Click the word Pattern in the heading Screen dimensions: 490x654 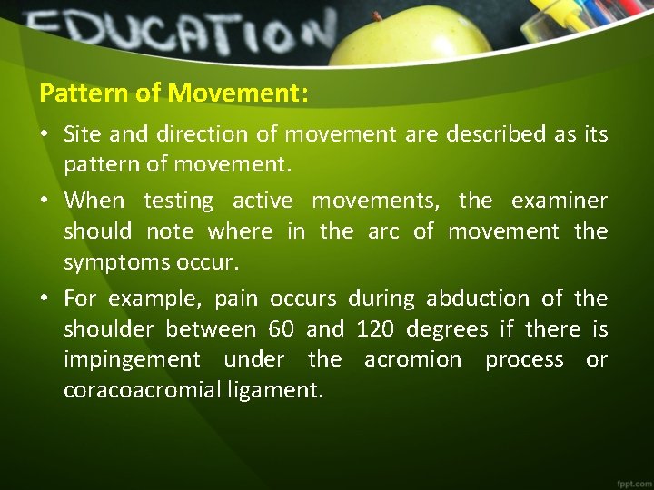74,93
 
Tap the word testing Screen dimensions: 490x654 178,200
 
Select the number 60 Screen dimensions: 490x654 282,328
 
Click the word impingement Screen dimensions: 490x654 133,360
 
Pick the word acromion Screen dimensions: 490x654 413,359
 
